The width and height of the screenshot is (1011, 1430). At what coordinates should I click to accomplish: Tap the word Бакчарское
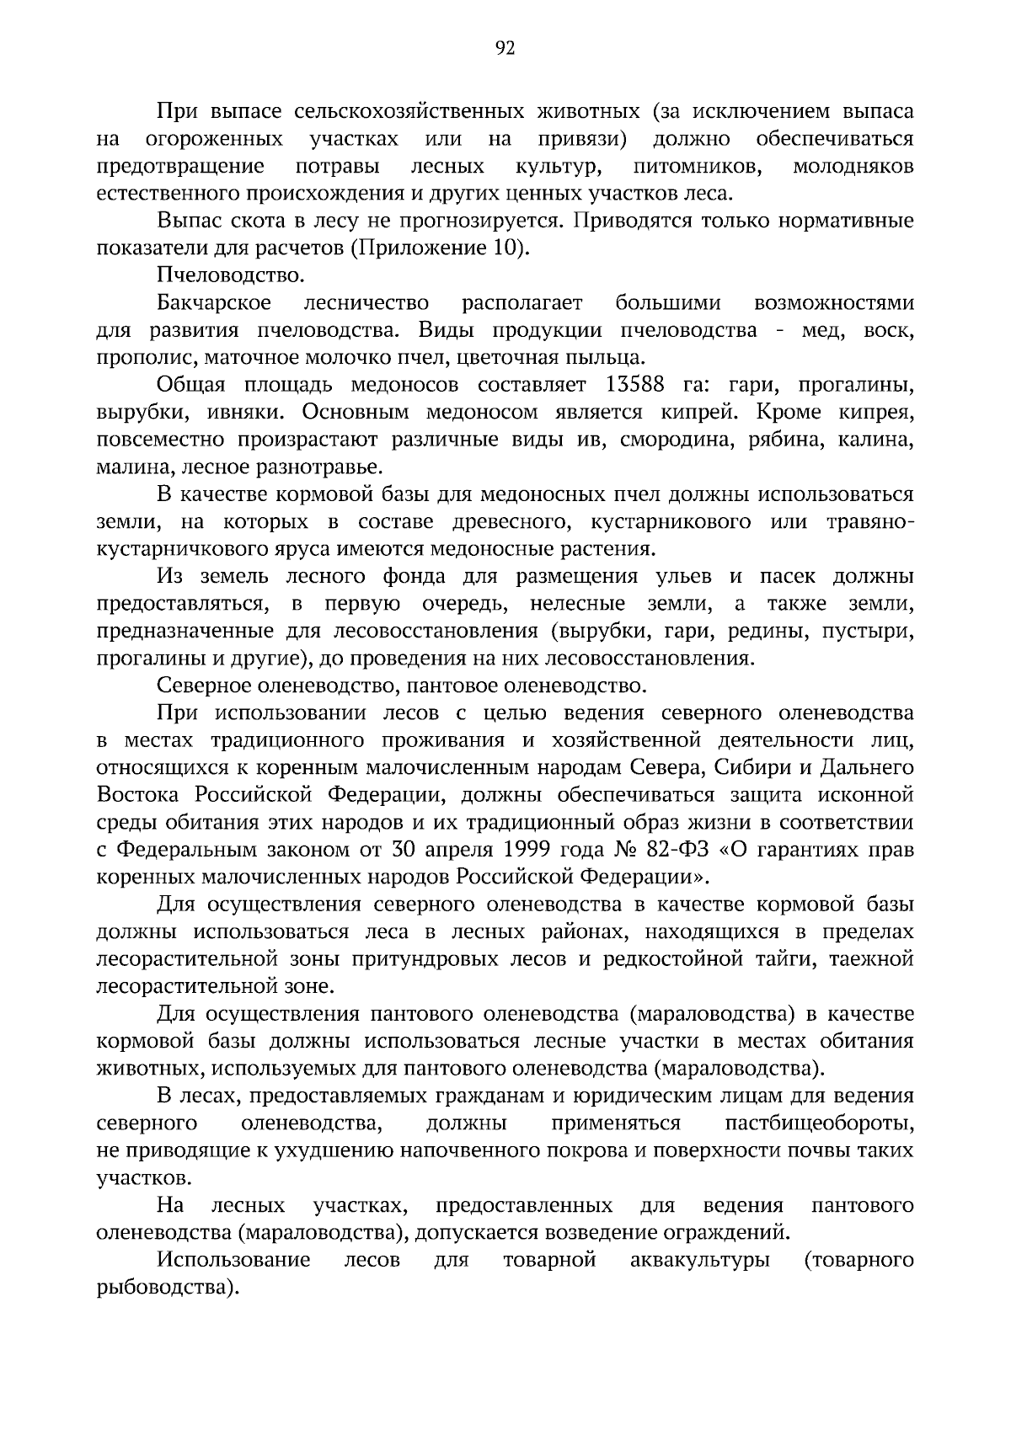(x=214, y=302)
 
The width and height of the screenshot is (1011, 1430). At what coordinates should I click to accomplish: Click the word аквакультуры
(x=700, y=1261)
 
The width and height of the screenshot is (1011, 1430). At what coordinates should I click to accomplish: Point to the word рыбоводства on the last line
(x=162, y=1289)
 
